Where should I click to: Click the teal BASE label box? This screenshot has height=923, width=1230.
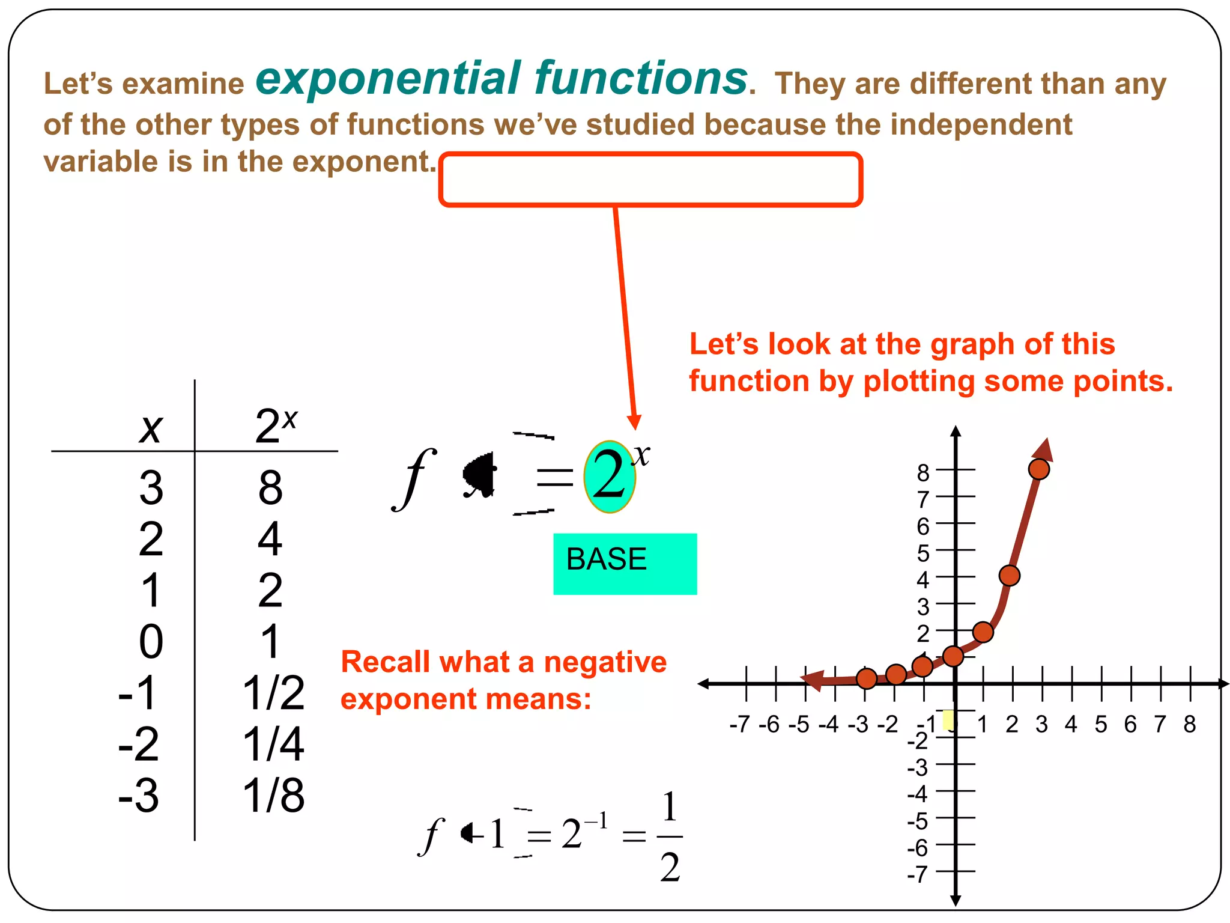(x=625, y=563)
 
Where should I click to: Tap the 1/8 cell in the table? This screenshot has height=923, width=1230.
(x=273, y=796)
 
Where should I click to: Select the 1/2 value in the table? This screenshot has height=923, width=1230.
(x=273, y=693)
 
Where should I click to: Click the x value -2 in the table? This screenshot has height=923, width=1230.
(x=139, y=744)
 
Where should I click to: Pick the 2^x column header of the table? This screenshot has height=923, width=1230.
(x=275, y=426)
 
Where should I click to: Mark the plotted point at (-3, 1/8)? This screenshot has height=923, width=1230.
(x=866, y=678)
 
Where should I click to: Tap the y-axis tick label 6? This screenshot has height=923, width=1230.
(x=923, y=526)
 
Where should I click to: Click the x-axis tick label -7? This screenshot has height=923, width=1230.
(x=740, y=724)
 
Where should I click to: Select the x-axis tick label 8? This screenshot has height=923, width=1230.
(x=1189, y=724)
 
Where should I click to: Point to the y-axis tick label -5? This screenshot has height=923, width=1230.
(x=918, y=821)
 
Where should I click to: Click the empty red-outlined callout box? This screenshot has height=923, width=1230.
(x=650, y=179)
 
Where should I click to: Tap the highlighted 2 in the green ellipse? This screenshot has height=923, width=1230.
(x=608, y=476)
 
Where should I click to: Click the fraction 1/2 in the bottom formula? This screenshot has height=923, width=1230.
(x=670, y=836)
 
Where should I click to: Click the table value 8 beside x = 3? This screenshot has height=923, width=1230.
(x=270, y=487)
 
